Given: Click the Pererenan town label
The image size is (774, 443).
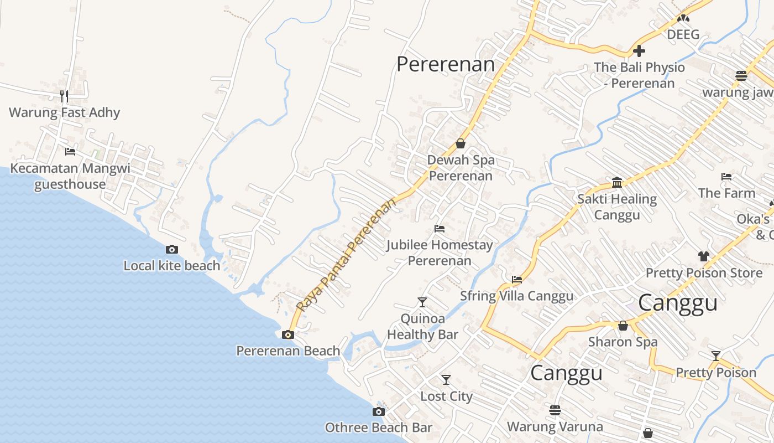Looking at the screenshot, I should click(446, 64).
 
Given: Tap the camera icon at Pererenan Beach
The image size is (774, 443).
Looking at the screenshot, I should click(287, 334).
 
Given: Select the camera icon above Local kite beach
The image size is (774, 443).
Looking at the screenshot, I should click(172, 250).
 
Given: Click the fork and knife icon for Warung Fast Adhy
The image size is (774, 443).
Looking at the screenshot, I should click(64, 96).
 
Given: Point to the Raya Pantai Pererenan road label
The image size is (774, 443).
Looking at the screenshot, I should click(347, 254).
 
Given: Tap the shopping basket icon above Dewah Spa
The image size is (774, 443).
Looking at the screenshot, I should click(460, 144).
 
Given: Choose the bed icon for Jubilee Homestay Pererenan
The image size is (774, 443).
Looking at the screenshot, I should click(440, 228).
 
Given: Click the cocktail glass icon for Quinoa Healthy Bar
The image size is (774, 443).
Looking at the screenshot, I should click(422, 302).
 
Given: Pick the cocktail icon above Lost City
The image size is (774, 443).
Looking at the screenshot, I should click(446, 380).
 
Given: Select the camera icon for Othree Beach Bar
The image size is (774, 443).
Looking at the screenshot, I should click(378, 411).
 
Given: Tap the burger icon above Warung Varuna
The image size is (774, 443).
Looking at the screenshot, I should click(555, 410).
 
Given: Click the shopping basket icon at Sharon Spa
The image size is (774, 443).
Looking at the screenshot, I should click(623, 326).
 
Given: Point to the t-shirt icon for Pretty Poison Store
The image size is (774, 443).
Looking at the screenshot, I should click(703, 256).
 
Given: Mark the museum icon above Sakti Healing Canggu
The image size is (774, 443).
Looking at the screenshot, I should click(617, 183).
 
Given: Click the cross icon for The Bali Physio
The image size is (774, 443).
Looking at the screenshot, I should click(639, 51).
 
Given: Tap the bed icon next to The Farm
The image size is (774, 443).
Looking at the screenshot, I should click(726, 177).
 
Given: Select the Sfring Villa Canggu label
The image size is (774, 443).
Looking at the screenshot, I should click(517, 296).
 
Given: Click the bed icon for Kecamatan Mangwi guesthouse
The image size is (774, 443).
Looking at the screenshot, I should click(70, 151).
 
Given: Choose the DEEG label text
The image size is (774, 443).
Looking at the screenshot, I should click(683, 34).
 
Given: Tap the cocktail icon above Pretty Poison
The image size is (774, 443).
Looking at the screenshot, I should click(716, 356).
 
